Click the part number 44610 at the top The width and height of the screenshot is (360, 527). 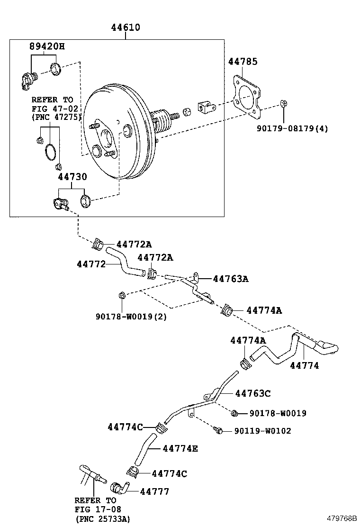(126, 27)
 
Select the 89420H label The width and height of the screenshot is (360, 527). (46, 46)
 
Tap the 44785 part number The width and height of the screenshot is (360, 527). (243, 62)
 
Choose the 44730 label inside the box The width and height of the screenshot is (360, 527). (72, 177)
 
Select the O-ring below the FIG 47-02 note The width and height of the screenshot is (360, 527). (50, 153)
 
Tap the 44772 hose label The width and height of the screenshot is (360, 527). (91, 263)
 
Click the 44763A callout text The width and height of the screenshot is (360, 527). (231, 279)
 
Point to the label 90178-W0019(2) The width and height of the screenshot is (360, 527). (131, 316)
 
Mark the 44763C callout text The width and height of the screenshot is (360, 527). (253, 393)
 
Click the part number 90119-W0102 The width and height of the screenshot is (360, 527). (262, 431)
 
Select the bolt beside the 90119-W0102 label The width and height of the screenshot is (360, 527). (218, 430)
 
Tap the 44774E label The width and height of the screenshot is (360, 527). (180, 448)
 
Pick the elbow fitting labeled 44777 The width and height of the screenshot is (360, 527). (121, 488)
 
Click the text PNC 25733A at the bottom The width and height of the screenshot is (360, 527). (103, 519)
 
